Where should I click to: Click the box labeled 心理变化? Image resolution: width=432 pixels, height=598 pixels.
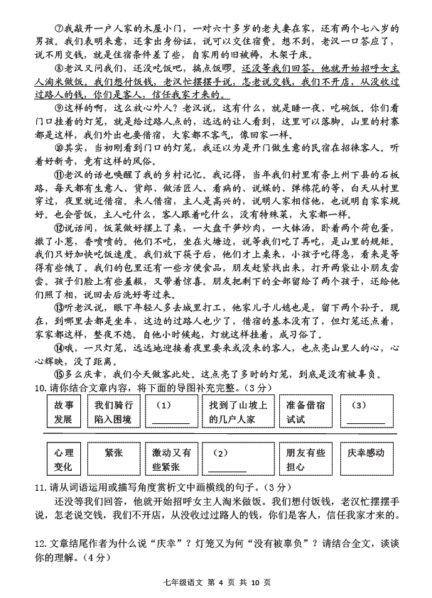pos(63,459)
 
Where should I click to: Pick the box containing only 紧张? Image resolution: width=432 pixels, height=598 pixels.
pos(114,459)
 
